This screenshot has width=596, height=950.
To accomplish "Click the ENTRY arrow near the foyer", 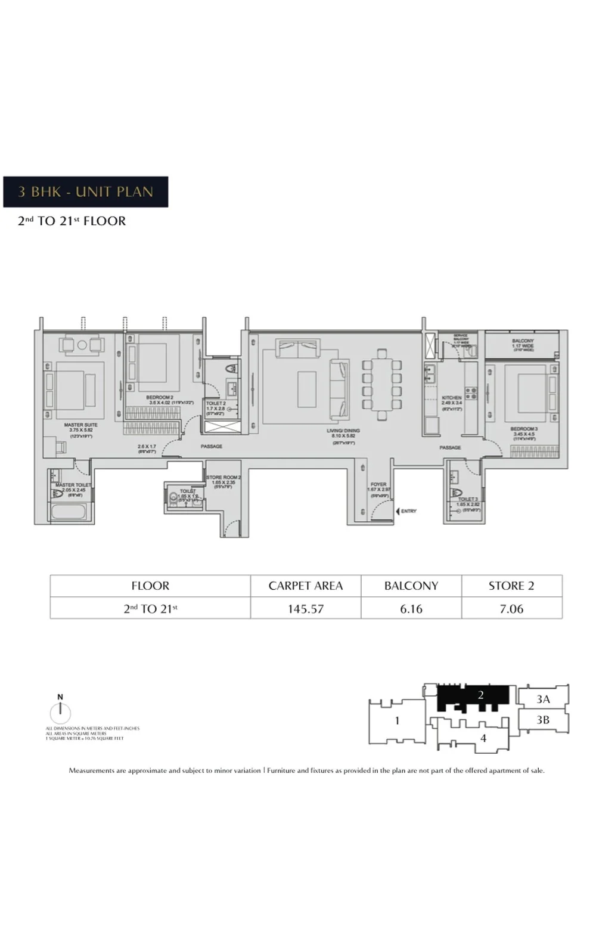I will (398, 511).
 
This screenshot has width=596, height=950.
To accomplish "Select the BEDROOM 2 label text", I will (159, 397).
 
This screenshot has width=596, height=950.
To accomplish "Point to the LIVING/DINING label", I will (343, 431).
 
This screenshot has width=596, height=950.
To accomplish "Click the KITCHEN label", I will (452, 398).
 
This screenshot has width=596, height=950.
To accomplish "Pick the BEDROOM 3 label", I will (524, 429).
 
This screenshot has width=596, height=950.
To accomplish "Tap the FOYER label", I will (378, 484).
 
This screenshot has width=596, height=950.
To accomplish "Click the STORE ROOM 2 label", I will (223, 478).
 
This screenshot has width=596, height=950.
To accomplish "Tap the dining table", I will (381, 385).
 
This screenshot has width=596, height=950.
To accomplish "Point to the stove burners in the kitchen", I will (471, 393).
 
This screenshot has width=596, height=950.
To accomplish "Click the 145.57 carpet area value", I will (305, 609).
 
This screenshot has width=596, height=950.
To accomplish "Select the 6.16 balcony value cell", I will (411, 609).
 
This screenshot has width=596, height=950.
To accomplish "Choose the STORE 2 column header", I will (511, 586).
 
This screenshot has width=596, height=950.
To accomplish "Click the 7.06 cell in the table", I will (511, 609).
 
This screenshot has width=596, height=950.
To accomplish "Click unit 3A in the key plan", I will (542, 699).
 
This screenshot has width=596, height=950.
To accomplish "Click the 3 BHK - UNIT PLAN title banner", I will (86, 192).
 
